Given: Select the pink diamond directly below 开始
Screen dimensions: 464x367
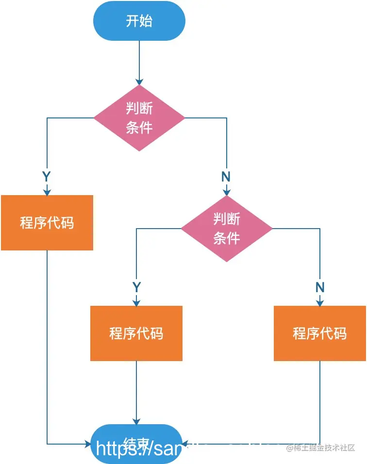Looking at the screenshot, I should point(139,118).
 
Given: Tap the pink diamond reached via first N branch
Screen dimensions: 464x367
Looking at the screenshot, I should point(227,229).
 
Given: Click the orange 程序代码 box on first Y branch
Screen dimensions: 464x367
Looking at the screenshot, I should point(47,223).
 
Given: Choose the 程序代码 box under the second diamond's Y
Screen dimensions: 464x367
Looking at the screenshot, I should point(136,333).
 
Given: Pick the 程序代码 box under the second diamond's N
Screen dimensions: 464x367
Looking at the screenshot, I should point(320,333).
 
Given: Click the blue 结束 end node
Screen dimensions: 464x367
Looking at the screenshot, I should point(136,443).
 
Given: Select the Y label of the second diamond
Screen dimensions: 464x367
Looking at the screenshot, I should point(136,287).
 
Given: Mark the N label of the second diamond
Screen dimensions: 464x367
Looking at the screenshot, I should point(320,287).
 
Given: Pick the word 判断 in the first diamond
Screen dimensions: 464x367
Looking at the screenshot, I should point(139,108).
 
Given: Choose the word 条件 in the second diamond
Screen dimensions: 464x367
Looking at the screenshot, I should point(227,238).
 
